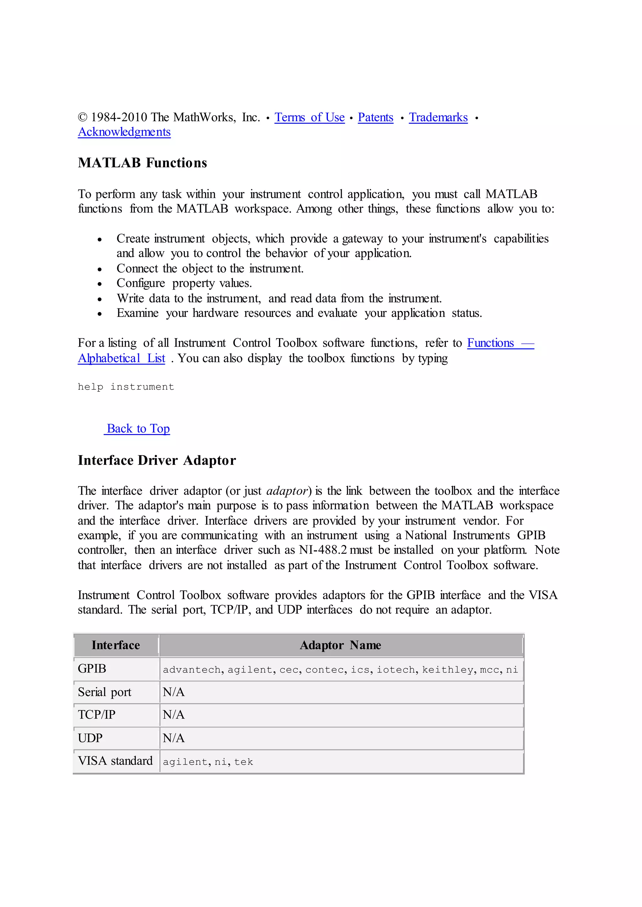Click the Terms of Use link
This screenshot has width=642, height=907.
point(309,117)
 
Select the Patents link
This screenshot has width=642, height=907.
point(375,117)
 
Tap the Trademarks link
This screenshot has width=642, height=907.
point(438,117)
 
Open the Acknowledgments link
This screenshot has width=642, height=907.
point(124,132)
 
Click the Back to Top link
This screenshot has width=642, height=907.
point(138,429)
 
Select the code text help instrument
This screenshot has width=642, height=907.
point(126,387)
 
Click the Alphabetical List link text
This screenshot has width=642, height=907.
point(121,358)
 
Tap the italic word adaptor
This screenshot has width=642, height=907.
point(287,491)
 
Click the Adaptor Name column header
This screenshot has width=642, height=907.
point(340,645)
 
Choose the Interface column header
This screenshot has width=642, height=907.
point(115,645)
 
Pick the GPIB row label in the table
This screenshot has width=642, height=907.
point(92,669)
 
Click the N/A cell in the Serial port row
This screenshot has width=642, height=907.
point(174,692)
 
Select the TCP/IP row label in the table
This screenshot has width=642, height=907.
point(97,715)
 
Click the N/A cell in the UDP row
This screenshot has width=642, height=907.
point(174,738)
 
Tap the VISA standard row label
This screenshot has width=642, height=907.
point(115,761)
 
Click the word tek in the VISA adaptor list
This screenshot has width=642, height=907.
point(244,762)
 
